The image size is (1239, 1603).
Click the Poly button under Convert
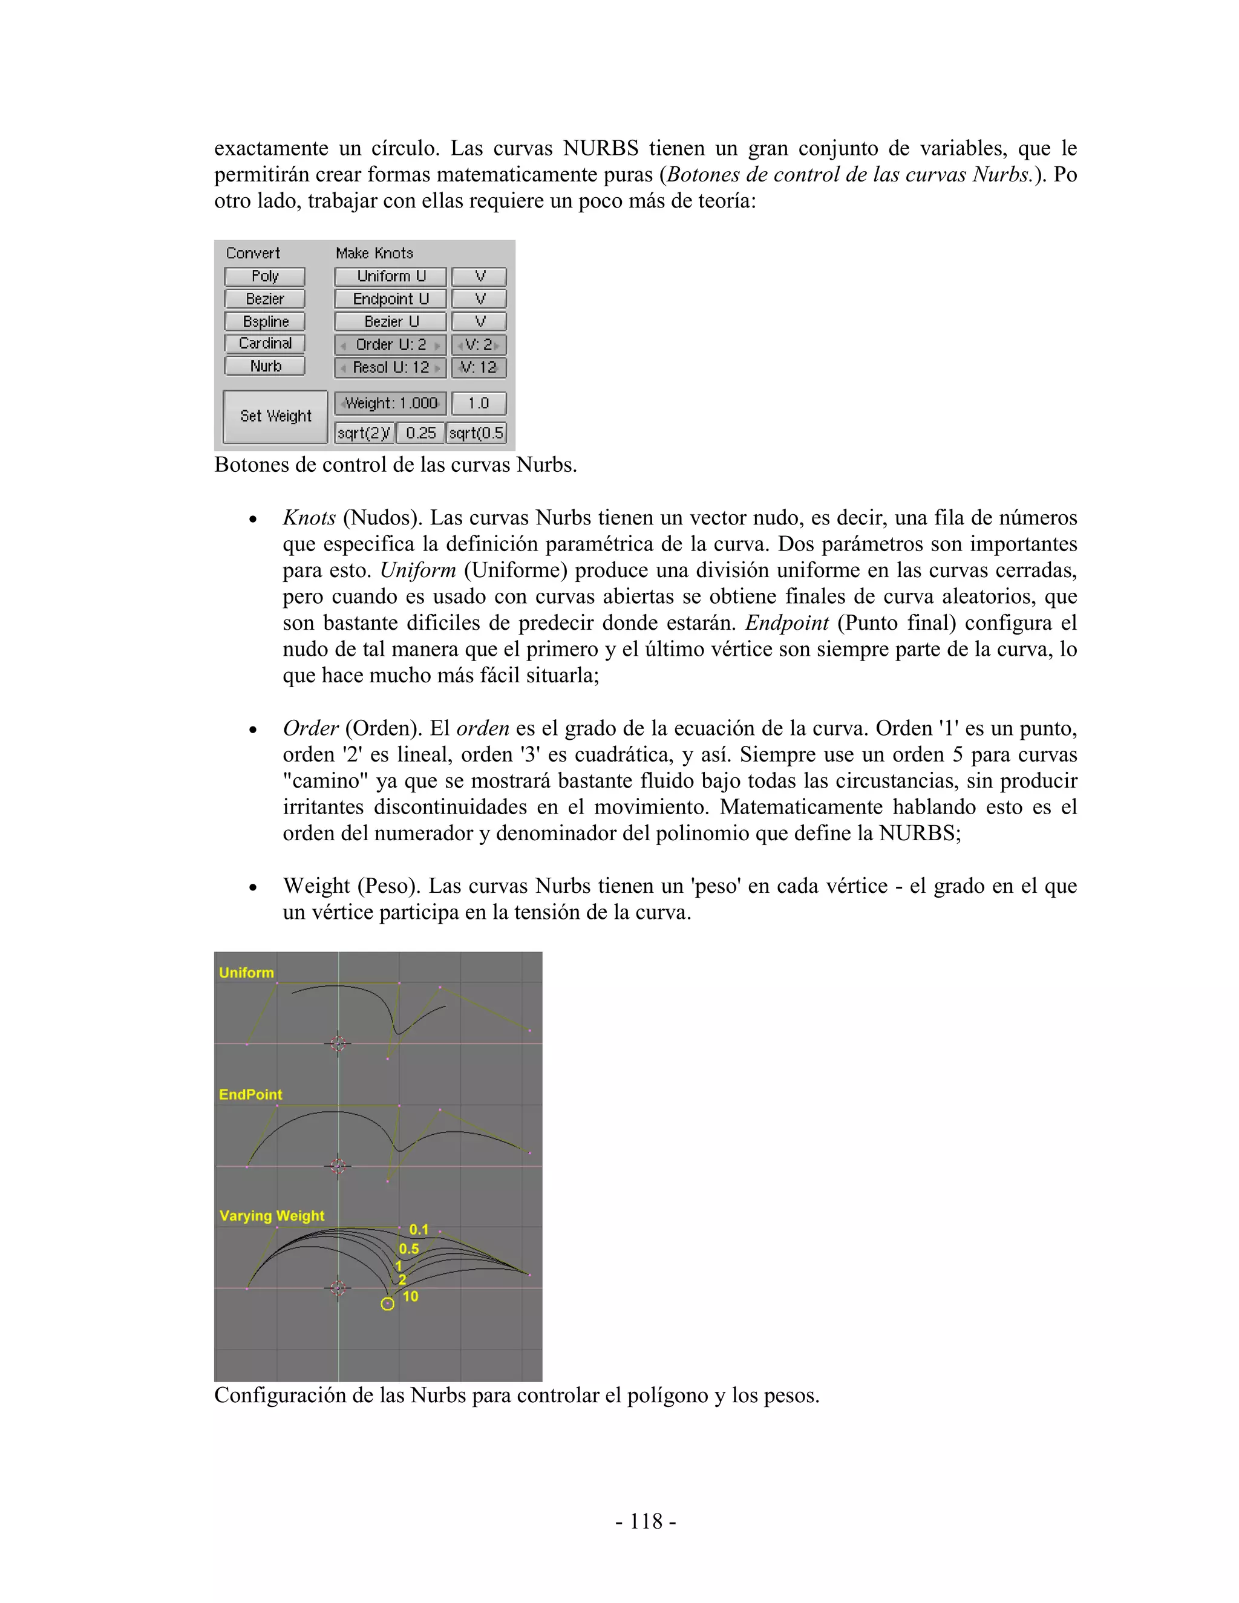pos(264,276)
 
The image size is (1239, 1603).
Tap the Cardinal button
pos(264,344)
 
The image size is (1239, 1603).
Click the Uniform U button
pos(390,276)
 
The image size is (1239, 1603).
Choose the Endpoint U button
pos(390,299)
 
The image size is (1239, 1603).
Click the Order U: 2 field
pos(390,345)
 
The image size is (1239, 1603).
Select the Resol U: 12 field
pos(390,368)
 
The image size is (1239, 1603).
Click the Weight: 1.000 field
pos(390,403)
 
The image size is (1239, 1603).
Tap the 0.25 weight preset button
pos(420,433)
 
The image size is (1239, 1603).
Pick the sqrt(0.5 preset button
pos(476,433)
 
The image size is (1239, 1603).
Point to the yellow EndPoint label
pos(250,1094)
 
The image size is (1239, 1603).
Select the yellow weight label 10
pos(410,1297)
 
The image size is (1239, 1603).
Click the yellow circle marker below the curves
pos(388,1304)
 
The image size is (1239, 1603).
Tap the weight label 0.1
pos(419,1229)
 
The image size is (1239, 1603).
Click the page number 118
pos(646,1521)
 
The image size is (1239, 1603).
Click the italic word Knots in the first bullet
pos(309,518)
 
